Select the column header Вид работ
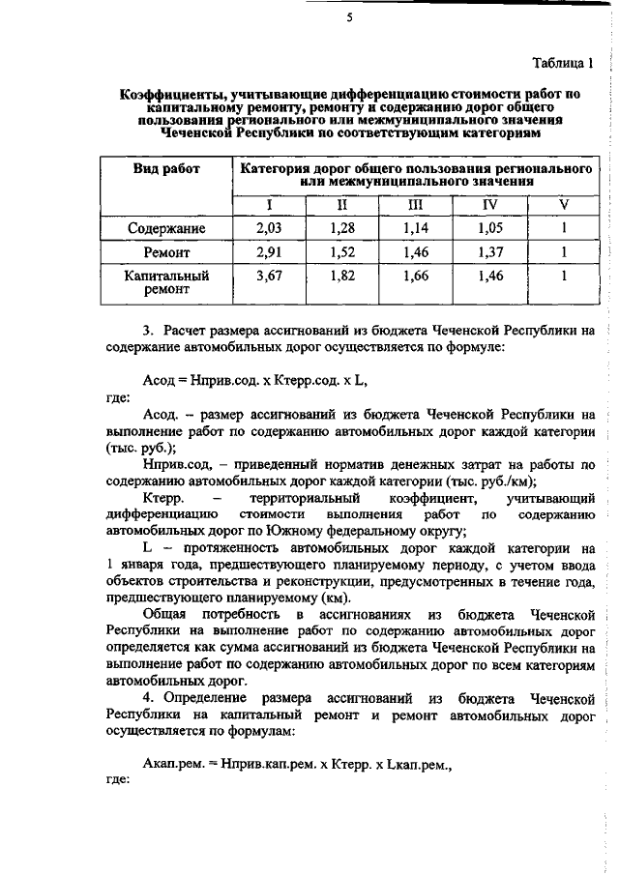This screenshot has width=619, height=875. (x=165, y=169)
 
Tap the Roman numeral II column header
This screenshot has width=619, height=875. (x=341, y=204)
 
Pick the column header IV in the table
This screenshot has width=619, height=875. (x=490, y=204)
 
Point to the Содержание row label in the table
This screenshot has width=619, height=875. (x=165, y=228)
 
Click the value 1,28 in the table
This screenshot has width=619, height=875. (x=341, y=228)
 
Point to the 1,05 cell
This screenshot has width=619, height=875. (x=490, y=228)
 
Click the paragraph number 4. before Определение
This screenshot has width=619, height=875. (x=149, y=696)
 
